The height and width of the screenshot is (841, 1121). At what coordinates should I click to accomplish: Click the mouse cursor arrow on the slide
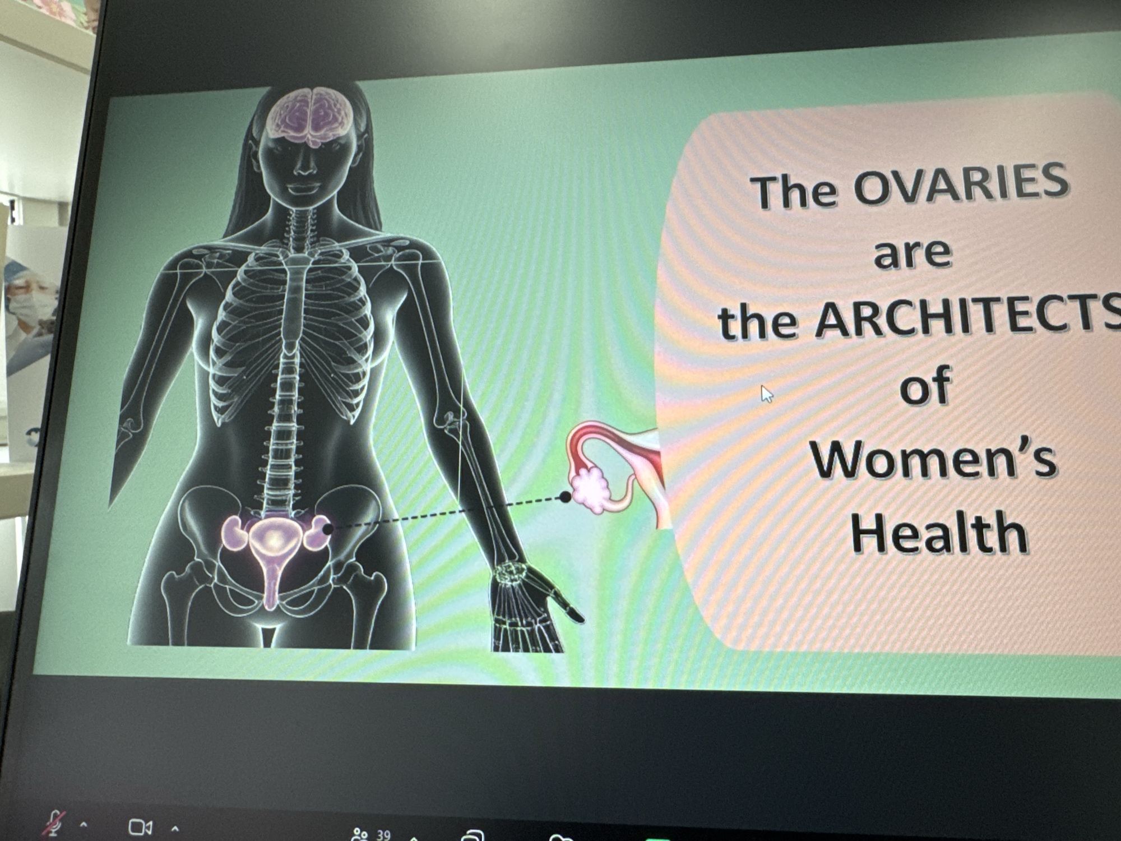click(767, 394)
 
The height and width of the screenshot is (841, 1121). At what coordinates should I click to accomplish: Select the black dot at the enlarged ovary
click(566, 497)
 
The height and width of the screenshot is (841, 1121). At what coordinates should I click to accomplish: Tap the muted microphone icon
click(55, 823)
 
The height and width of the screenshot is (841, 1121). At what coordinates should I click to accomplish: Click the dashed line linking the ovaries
click(447, 512)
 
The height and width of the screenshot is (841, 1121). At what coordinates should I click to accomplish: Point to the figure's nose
click(303, 163)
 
